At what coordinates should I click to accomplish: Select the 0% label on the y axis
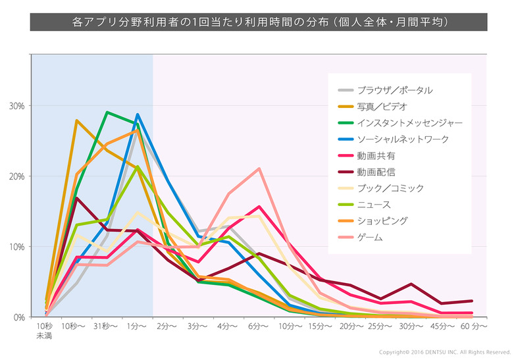[18, 317]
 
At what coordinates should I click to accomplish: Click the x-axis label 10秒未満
[45, 330]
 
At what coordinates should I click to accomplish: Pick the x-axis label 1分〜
[137, 326]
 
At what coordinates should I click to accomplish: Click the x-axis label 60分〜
[474, 326]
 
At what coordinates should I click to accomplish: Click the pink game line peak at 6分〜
[259, 168]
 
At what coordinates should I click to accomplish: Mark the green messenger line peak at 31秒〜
[107, 113]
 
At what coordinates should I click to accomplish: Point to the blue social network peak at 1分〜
[137, 115]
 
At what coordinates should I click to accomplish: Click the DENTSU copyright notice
[444, 352]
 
